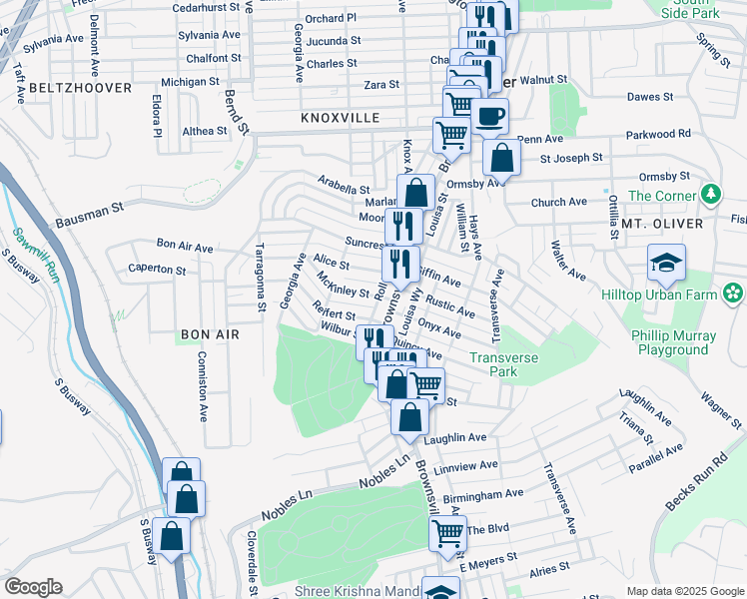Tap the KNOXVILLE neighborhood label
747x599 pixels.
(341, 118)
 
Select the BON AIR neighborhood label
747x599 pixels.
(210, 334)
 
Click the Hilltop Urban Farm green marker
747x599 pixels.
(734, 294)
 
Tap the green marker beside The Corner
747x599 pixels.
(710, 193)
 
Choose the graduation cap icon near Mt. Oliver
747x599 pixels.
(666, 263)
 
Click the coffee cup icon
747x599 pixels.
(489, 116)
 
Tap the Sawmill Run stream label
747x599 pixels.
(37, 255)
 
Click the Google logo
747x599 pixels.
(33, 587)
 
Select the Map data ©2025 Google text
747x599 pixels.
(684, 591)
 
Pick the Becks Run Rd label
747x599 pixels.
(695, 488)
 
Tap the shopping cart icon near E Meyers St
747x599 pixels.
(447, 534)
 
